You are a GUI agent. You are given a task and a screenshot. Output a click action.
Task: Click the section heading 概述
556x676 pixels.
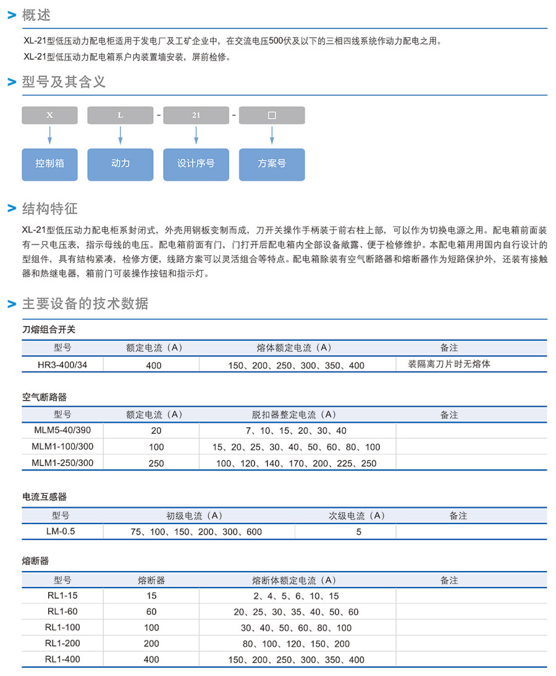pos(36,15)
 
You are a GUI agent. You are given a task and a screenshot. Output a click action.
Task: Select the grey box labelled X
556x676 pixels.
pos(50,115)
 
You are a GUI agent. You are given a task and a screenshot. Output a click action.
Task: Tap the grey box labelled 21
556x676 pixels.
pos(196,115)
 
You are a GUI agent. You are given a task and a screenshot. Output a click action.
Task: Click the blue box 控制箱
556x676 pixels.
pos(50,164)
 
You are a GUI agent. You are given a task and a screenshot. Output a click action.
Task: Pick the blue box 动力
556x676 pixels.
pos(120,164)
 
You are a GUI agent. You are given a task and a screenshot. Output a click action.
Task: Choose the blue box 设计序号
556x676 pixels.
pos(196,164)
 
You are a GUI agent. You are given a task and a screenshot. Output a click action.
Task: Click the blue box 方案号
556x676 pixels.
pos(272,164)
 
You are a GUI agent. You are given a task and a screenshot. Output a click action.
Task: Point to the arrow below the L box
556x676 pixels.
pos(120,136)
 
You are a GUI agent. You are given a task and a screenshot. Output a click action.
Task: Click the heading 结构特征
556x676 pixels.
pos(49,209)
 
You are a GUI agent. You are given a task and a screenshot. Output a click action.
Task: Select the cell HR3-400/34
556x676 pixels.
pos(62,365)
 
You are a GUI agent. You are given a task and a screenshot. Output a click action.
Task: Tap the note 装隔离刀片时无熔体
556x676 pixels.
pos(449,364)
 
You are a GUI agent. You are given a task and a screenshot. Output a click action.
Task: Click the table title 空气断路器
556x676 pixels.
pos(44,398)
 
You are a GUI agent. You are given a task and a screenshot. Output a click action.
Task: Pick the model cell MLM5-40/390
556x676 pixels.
pos(62,430)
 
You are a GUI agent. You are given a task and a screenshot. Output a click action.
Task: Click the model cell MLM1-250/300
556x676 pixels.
pos(62,462)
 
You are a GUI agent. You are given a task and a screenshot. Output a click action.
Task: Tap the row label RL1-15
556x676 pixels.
pos(62,596)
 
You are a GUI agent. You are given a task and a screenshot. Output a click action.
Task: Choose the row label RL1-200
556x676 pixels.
pos(62,643)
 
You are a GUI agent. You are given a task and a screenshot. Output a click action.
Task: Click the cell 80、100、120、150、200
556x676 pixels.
pos(296,644)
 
